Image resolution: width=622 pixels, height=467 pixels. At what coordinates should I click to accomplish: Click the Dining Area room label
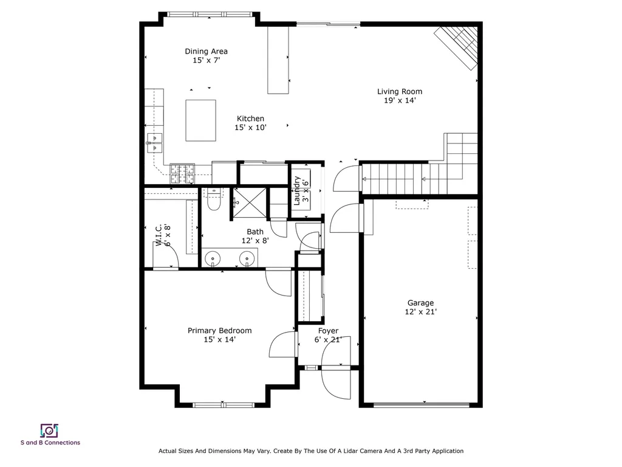coord(206,52)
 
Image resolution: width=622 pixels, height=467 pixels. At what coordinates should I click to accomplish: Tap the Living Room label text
coord(399,92)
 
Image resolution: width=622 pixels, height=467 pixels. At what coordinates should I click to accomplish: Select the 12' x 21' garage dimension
coord(420,312)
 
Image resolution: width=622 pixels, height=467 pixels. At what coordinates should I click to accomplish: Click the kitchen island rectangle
coord(200,120)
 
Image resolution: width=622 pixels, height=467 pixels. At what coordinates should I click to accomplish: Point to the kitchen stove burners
coord(182,174)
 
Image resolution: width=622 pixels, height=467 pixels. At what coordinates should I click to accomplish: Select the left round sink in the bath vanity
coord(214,260)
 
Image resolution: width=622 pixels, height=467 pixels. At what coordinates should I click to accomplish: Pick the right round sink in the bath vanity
coord(247,260)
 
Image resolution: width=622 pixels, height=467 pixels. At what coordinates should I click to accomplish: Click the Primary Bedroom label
coord(219,331)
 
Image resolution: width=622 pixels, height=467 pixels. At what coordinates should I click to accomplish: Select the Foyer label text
coord(328,331)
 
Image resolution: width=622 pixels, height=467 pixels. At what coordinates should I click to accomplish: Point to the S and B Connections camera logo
coord(49,431)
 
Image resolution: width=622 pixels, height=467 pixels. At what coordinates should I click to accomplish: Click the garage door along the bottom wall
coord(425,405)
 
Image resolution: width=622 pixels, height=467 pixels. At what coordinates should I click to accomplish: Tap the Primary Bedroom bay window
coord(223,404)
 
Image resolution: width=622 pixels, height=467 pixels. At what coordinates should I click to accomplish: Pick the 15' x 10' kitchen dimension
coord(250,128)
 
